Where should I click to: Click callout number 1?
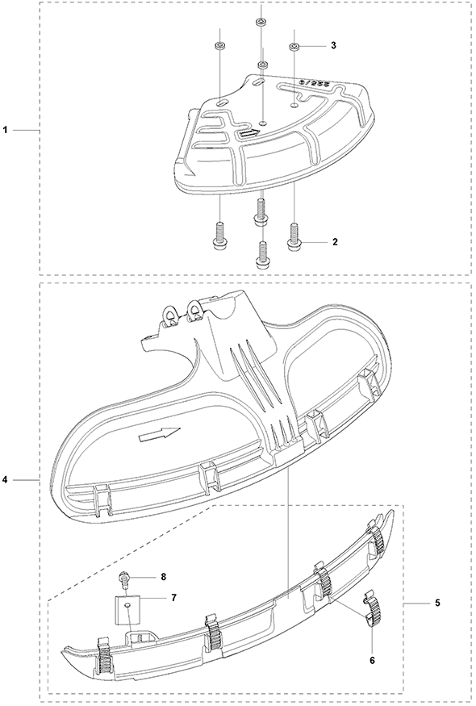click(x=6, y=130)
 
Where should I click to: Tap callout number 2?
click(x=335, y=242)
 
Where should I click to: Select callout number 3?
click(x=333, y=45)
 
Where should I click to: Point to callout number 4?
click(x=6, y=480)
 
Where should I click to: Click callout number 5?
click(x=438, y=603)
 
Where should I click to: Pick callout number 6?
click(x=372, y=661)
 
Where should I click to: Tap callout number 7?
click(x=173, y=598)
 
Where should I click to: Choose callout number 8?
click(x=163, y=576)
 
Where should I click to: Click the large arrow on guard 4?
click(x=160, y=435)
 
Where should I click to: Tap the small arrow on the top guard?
click(x=249, y=133)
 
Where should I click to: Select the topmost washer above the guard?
click(x=261, y=23)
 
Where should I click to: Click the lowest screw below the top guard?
click(x=261, y=255)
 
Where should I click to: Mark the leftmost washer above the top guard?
click(x=220, y=46)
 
